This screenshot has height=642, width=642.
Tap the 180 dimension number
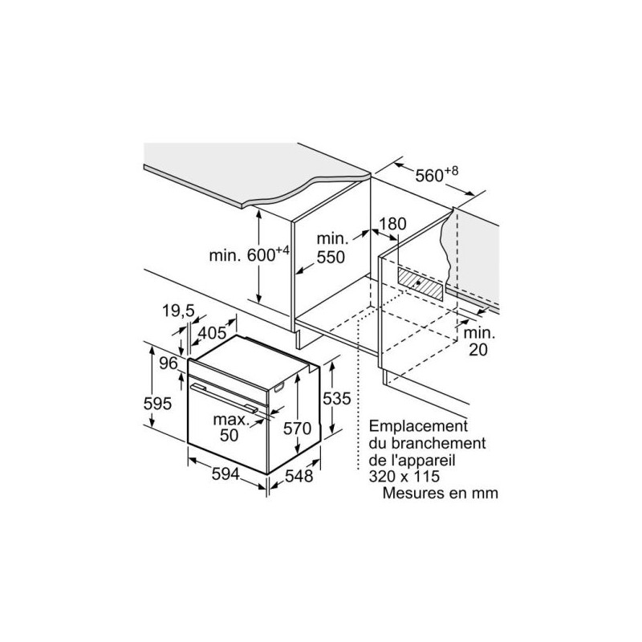(392, 224)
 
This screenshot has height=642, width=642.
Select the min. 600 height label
(250, 254)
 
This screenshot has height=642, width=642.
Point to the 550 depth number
(331, 257)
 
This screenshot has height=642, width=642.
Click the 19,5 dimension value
(178, 311)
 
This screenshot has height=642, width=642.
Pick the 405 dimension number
(212, 332)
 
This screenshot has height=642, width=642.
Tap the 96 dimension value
(169, 364)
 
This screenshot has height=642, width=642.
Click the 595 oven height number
(157, 404)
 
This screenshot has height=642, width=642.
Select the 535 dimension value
(336, 398)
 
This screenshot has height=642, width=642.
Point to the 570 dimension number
(298, 429)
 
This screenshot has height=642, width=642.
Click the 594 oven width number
(226, 474)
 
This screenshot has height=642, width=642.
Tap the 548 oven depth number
(299, 476)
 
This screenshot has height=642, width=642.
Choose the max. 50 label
(230, 428)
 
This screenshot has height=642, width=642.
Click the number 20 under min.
(477, 350)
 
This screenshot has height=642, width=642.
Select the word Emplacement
(418, 426)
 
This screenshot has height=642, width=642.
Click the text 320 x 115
(404, 476)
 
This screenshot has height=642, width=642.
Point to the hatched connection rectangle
(420, 284)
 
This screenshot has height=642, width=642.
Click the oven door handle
(224, 396)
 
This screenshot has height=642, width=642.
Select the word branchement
(438, 443)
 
